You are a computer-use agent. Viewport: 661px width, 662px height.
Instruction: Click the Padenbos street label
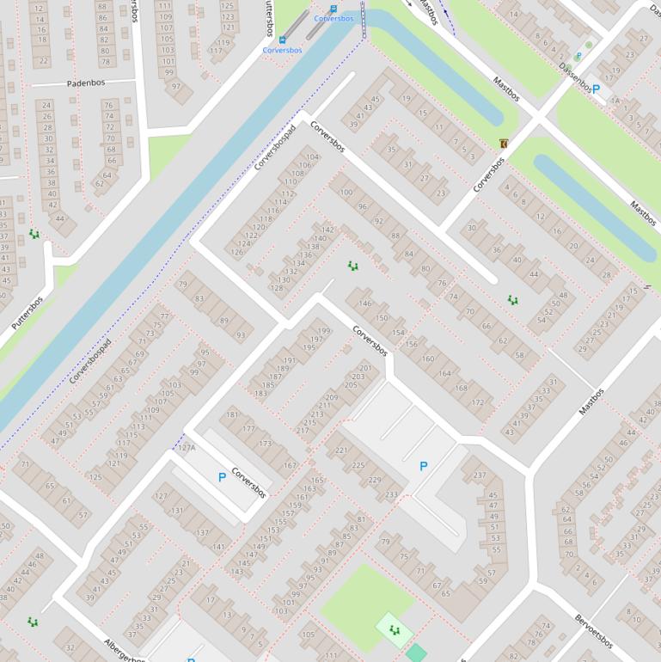coord(86,84)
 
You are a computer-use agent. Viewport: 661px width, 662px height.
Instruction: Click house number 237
coord(480,475)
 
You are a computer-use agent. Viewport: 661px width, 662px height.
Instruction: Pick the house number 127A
coord(186,448)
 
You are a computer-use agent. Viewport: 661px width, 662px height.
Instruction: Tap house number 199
coord(323,331)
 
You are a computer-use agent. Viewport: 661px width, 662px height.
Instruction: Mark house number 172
coord(477,402)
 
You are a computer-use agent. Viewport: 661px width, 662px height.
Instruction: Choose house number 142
coord(327,230)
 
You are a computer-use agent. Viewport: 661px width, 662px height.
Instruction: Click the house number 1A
coord(615,101)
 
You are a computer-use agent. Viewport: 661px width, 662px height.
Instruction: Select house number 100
coord(346,193)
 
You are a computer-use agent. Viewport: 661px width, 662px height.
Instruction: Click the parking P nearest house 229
coord(423,466)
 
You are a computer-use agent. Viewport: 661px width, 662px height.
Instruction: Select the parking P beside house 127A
coord(222,476)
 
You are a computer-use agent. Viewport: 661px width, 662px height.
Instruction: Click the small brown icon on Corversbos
coord(503,143)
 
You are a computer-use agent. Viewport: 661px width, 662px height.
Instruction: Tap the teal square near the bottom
coord(416,653)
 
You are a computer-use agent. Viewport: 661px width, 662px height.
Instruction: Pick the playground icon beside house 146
coord(352,266)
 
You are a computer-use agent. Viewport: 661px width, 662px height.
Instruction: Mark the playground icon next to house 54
coord(512,300)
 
